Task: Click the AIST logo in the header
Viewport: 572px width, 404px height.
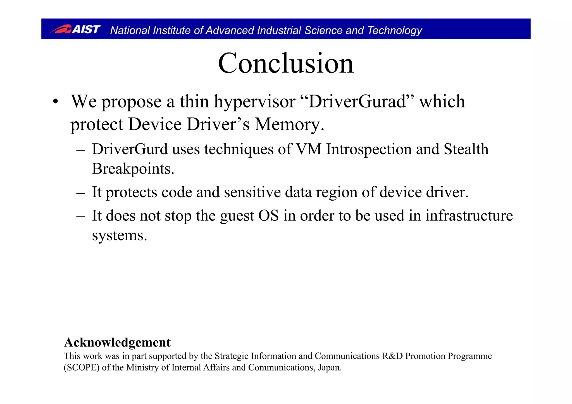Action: pyautogui.click(x=75, y=29)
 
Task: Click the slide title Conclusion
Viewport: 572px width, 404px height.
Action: pyautogui.click(x=286, y=63)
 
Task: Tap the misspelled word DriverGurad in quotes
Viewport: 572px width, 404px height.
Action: pyautogui.click(x=358, y=101)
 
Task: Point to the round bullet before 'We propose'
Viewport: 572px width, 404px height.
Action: pyautogui.click(x=56, y=102)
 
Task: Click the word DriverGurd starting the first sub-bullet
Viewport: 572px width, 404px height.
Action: pyautogui.click(x=130, y=149)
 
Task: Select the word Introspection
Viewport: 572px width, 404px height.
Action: pyautogui.click(x=369, y=149)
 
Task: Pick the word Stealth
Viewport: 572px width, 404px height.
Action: pyautogui.click(x=466, y=149)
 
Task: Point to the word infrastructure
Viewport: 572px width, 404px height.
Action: pyautogui.click(x=469, y=216)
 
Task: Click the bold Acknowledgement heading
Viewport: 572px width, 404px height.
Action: pyautogui.click(x=117, y=342)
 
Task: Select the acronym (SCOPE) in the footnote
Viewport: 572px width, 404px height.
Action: pyautogui.click(x=82, y=368)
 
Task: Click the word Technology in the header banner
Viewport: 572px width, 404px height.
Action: pyautogui.click(x=394, y=30)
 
